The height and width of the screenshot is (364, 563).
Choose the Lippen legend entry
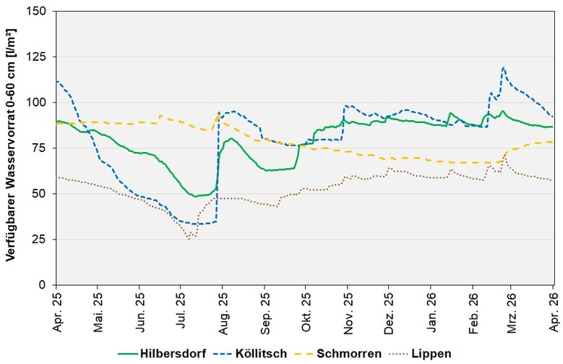pos(433,353)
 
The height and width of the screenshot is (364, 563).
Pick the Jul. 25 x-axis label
pos(181,310)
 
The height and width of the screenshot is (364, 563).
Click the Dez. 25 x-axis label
pos(388,310)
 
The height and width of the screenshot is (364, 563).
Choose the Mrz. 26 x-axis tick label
pos(512,310)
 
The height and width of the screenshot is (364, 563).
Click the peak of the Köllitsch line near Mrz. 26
pos(503,68)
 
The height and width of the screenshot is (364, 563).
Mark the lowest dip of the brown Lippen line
pos(189,238)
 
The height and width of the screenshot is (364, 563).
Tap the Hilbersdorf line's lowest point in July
pos(196,196)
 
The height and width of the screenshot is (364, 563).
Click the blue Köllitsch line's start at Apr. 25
pos(57,81)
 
